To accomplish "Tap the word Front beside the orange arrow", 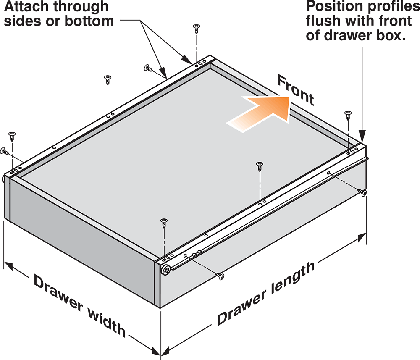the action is click(296, 90).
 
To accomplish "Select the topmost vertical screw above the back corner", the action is click(197, 29).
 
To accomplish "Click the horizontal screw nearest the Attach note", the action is click(148, 68).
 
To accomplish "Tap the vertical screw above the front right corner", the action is click(348, 115).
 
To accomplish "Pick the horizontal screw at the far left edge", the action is click(5, 151).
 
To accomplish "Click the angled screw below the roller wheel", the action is click(220, 276).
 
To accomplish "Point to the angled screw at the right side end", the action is click(362, 192).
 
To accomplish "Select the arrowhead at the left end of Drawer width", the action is click(8, 266).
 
